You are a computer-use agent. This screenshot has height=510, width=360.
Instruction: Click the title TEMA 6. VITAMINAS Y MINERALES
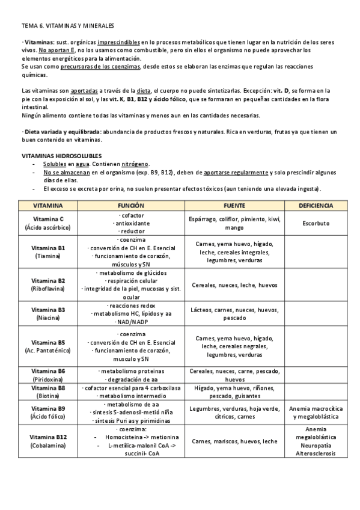pos(67,27)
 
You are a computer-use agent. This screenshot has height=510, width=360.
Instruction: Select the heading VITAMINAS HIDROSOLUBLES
pos(58,155)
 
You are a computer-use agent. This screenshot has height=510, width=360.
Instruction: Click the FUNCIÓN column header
pos(132,206)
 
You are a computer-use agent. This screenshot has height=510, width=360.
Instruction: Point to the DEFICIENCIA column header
pos(316,206)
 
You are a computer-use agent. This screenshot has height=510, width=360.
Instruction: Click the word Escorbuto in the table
pos(316,223)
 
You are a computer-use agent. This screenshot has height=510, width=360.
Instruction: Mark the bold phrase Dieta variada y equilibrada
pos(52,132)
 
